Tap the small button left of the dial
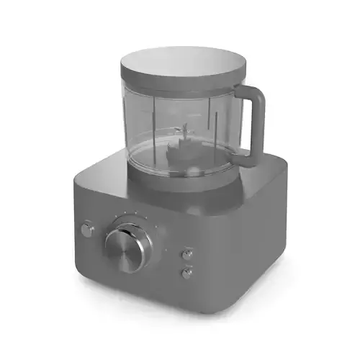[88, 230]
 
